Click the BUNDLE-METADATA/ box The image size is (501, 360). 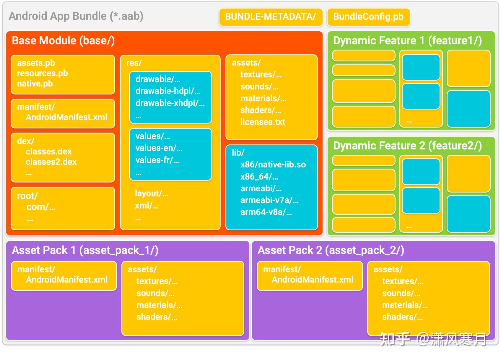(x=270, y=17)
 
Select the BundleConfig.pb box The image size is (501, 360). (x=368, y=17)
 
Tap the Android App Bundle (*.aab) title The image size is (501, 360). (x=76, y=16)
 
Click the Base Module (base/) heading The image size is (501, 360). (x=63, y=40)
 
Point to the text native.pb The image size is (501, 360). (x=35, y=84)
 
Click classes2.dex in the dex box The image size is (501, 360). (x=51, y=162)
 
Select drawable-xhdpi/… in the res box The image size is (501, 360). (x=170, y=103)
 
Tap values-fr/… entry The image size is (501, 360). (x=157, y=160)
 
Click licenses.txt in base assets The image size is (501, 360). (x=263, y=122)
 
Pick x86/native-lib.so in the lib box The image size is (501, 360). (x=273, y=164)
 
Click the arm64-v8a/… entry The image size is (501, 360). (x=266, y=212)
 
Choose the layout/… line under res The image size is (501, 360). (x=151, y=193)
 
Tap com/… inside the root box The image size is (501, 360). (x=41, y=207)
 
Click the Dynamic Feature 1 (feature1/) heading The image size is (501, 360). (x=407, y=40)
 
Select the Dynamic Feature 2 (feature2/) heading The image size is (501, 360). (x=407, y=146)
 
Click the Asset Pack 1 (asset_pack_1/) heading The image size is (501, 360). (x=85, y=250)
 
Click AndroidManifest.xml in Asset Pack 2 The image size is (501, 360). (x=312, y=280)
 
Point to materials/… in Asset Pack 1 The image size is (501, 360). (x=159, y=305)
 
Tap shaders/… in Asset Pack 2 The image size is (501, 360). (x=402, y=317)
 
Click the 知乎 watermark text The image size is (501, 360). (x=395, y=339)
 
